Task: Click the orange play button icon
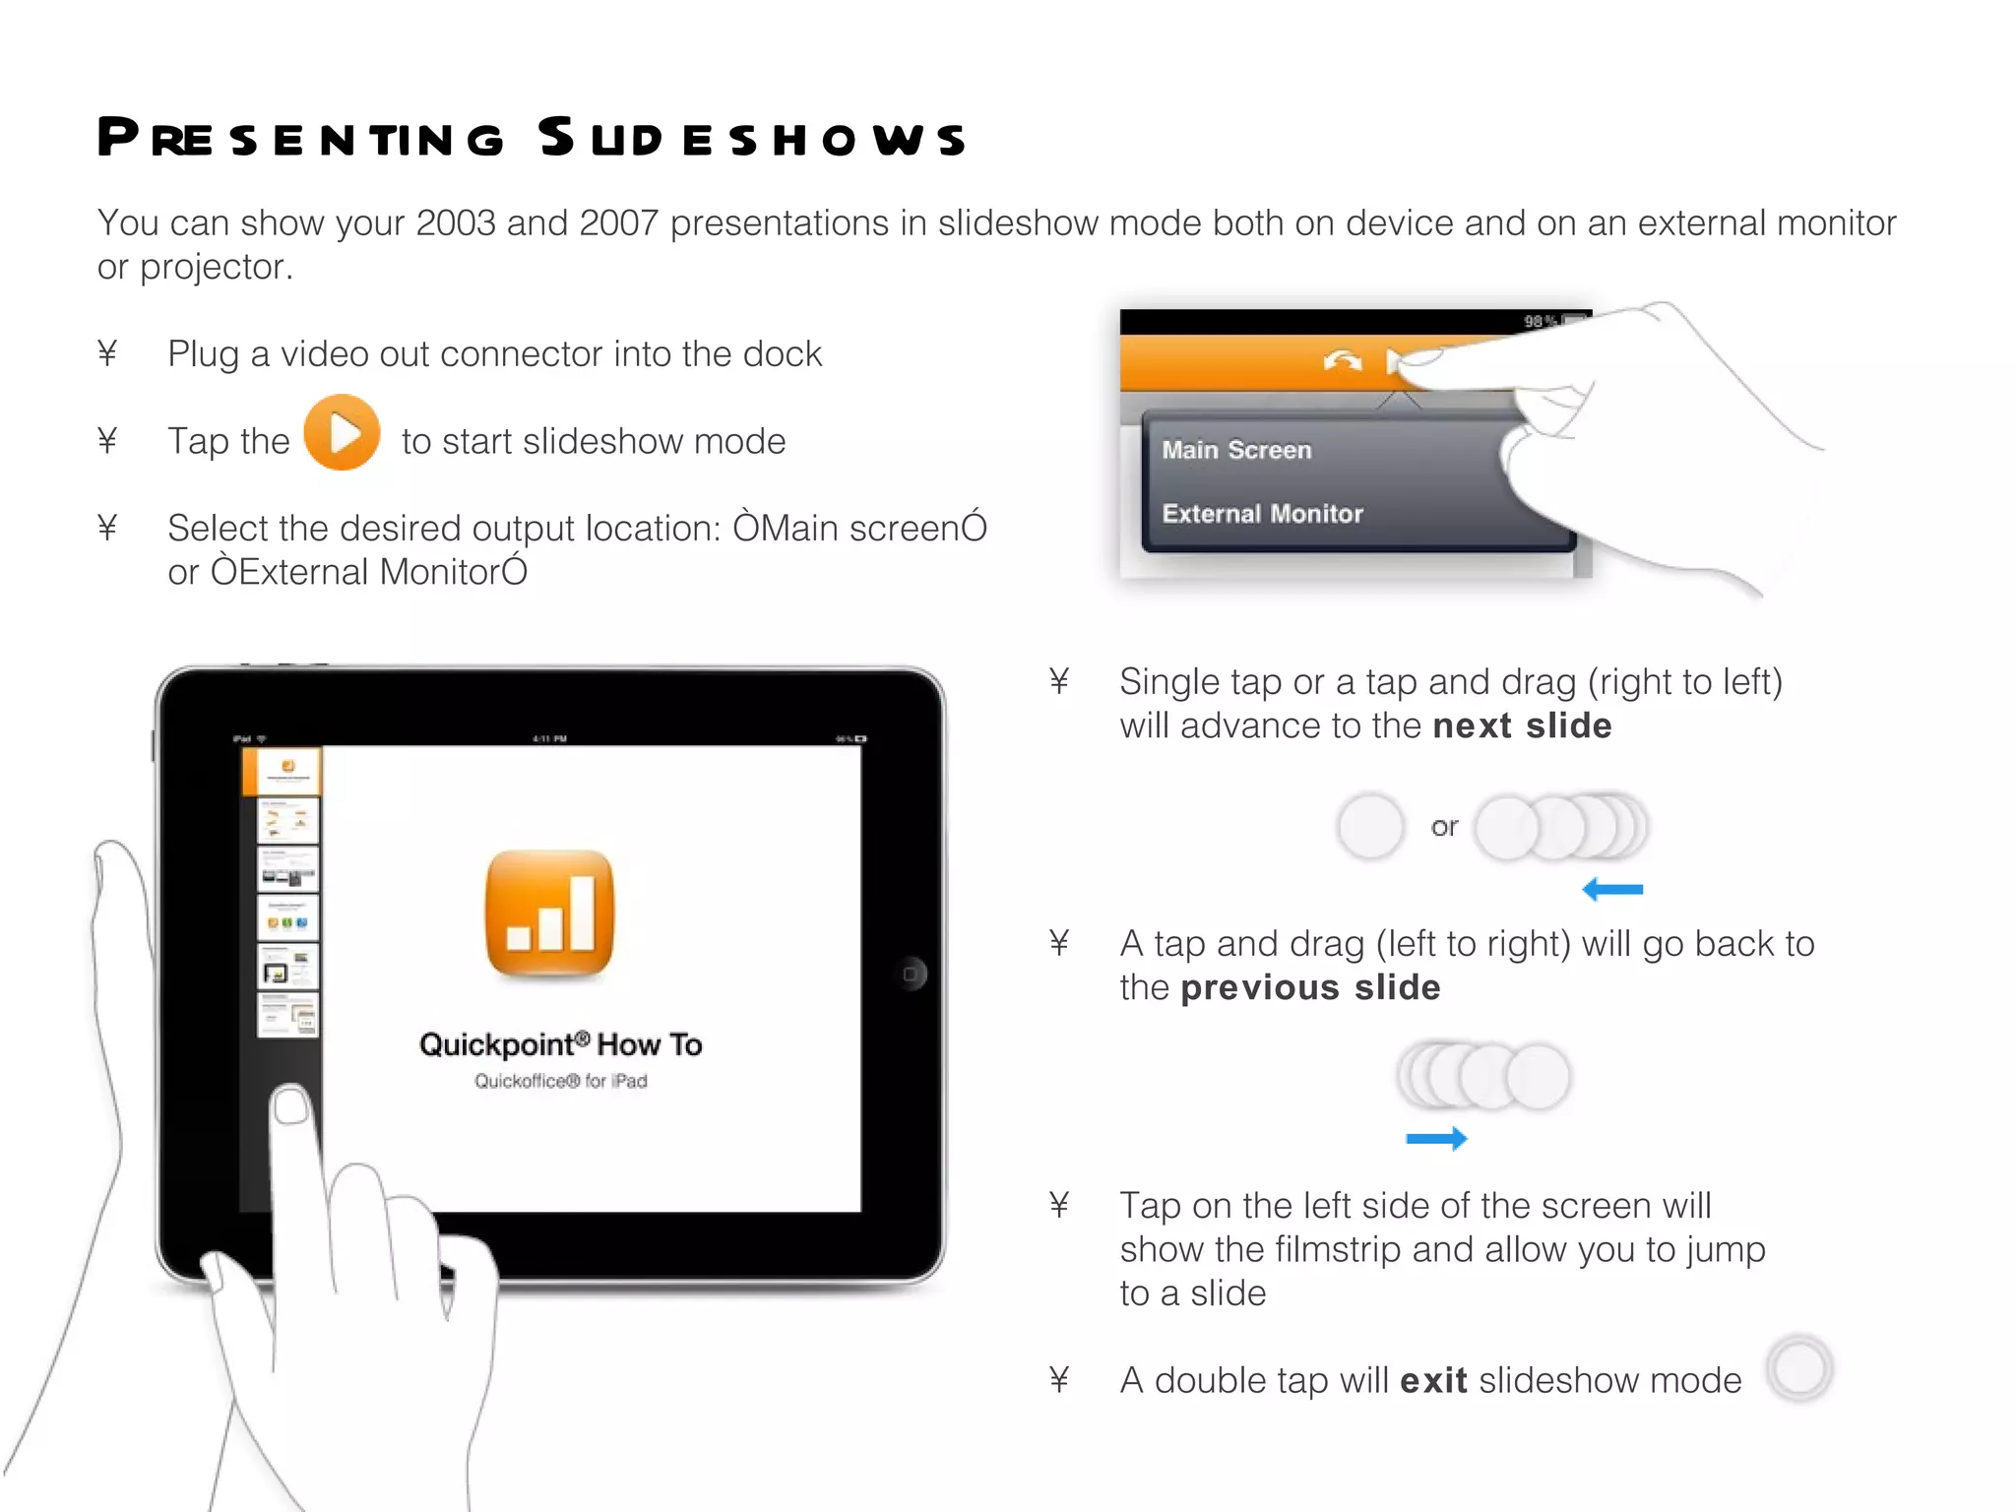tap(342, 432)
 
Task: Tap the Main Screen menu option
tap(1236, 450)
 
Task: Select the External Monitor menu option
tap(1262, 514)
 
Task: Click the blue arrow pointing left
tap(1611, 890)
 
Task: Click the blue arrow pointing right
tap(1436, 1139)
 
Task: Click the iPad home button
tap(912, 975)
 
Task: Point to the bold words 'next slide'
tap(1522, 726)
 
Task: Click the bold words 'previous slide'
tap(1310, 988)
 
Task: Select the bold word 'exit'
tap(1433, 1381)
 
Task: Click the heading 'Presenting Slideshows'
tap(532, 138)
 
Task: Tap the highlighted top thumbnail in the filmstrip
tap(287, 770)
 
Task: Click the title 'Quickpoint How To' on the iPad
tap(560, 1044)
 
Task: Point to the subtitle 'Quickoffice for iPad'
tap(560, 1081)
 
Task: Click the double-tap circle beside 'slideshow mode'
tap(1798, 1368)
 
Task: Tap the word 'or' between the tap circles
tap(1444, 827)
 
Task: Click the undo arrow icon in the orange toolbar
tap(1342, 361)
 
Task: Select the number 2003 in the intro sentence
tap(455, 223)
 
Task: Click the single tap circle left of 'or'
tap(1370, 826)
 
